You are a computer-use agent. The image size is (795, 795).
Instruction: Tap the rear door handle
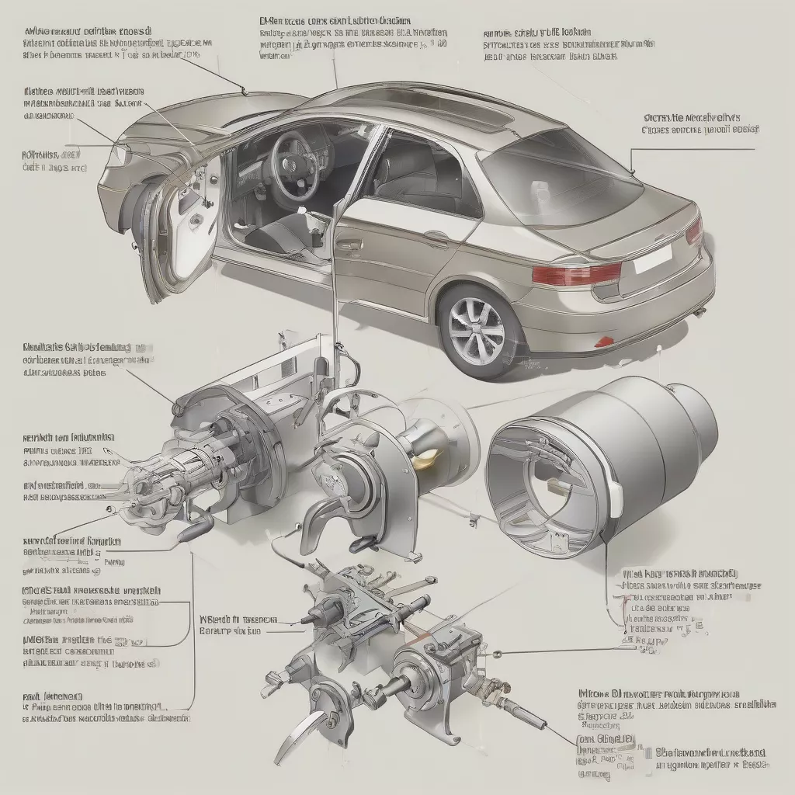pyautogui.click(x=436, y=242)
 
